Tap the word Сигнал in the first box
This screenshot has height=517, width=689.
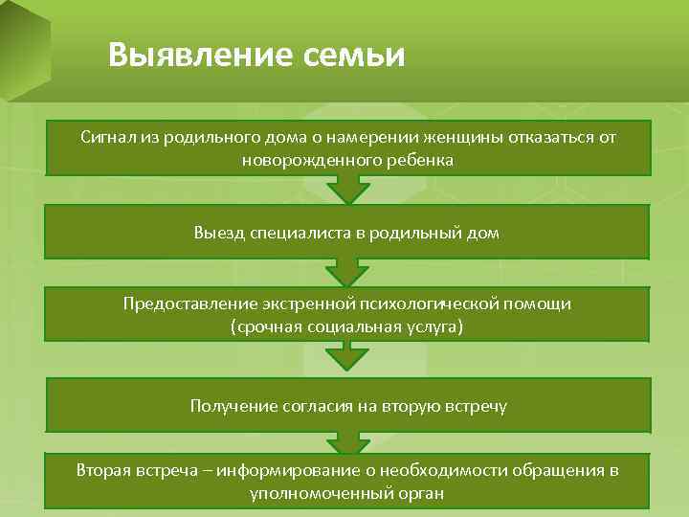point(106,138)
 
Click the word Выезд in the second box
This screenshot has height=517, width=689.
point(216,233)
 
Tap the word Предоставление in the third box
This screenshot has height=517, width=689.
point(182,303)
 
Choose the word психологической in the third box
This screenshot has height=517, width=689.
point(418,303)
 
